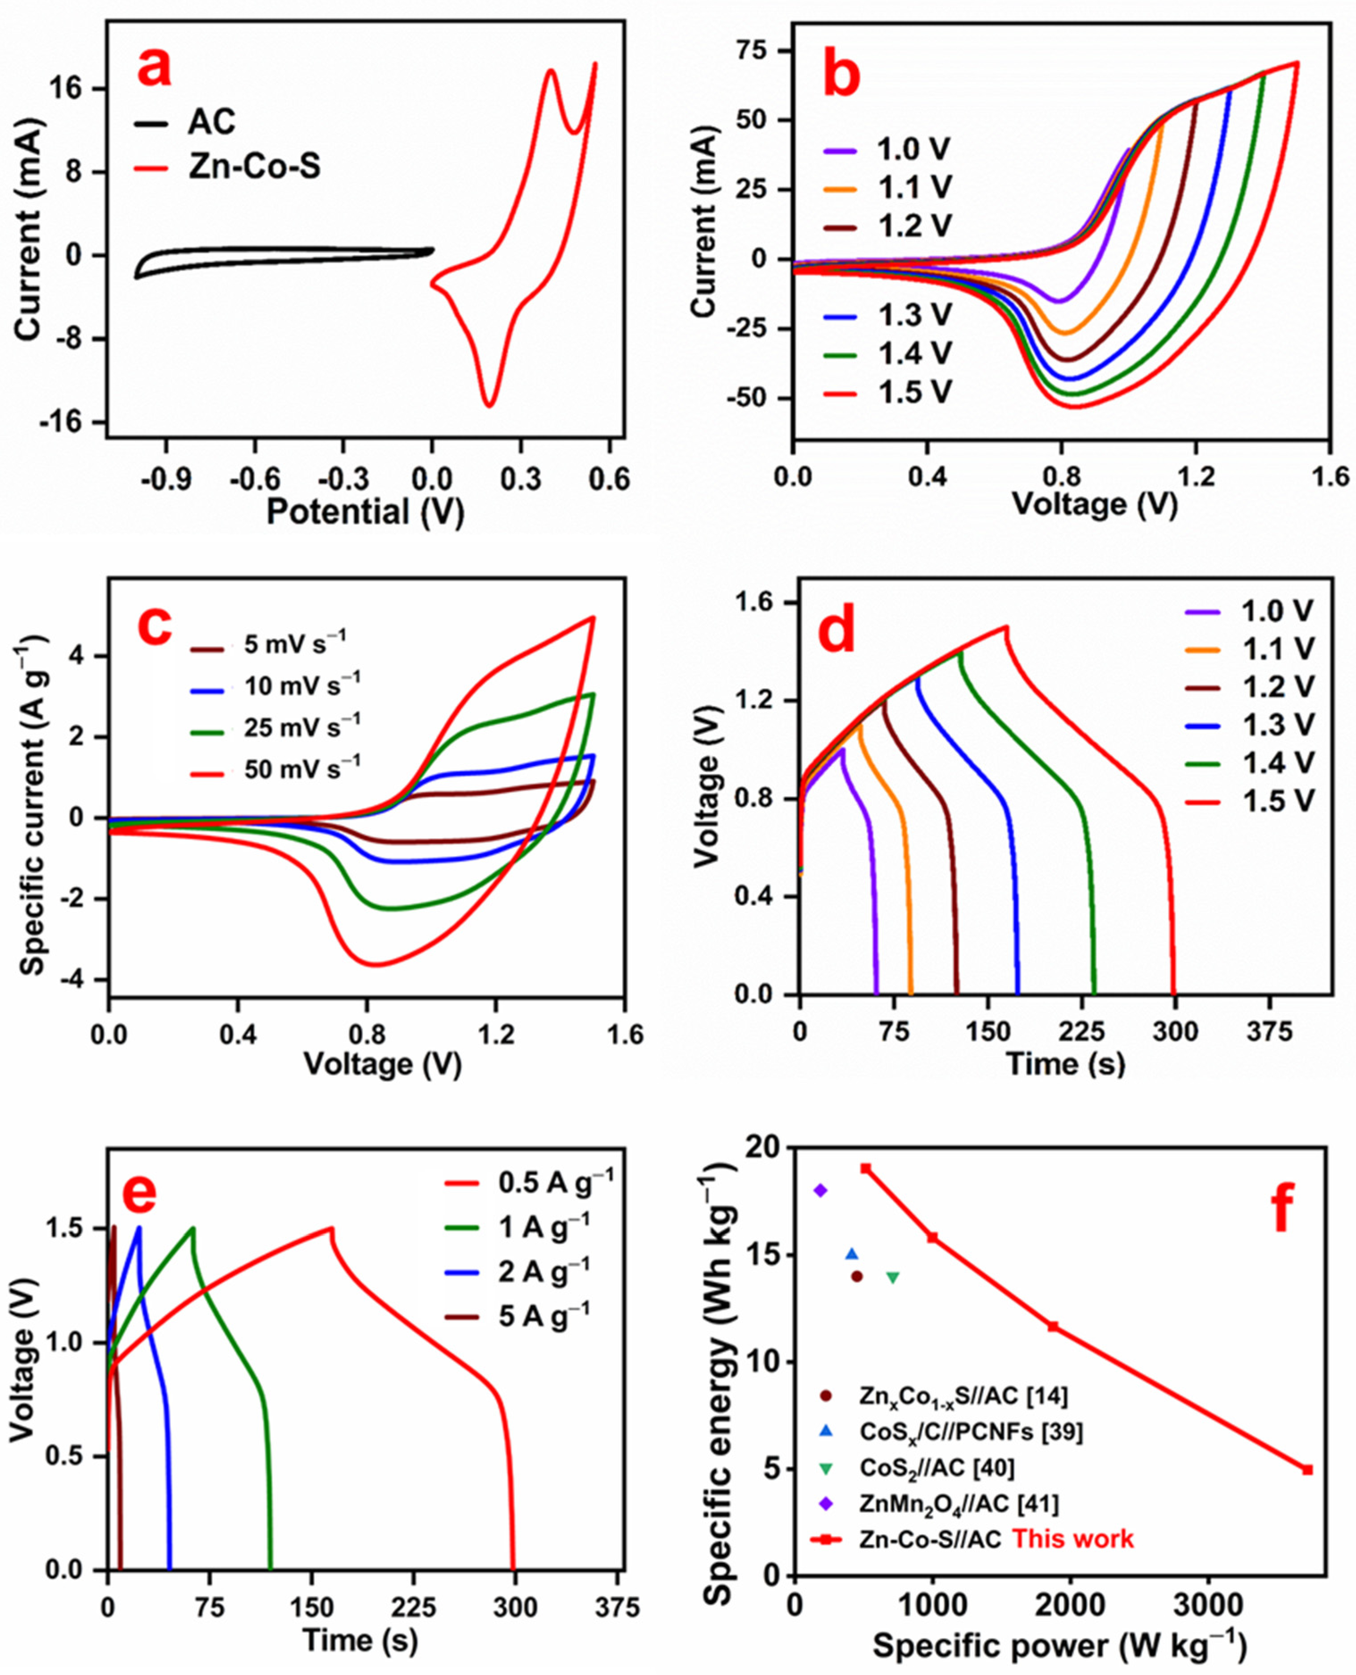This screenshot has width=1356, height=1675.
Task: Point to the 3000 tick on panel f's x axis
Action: (1208, 1602)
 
